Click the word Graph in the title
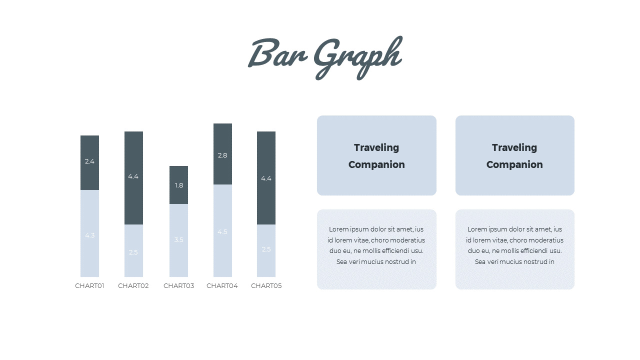pos(357,56)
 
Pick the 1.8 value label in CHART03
pos(178,185)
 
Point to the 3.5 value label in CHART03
pos(178,240)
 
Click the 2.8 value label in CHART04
pos(222,155)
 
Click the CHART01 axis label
pos(89,286)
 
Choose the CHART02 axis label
pos(133,286)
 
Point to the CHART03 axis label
pos(178,286)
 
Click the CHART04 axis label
pos(222,286)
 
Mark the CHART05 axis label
pos(266,286)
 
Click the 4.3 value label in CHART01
pos(89,235)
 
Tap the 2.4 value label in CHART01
pos(89,161)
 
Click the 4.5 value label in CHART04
pos(222,232)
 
